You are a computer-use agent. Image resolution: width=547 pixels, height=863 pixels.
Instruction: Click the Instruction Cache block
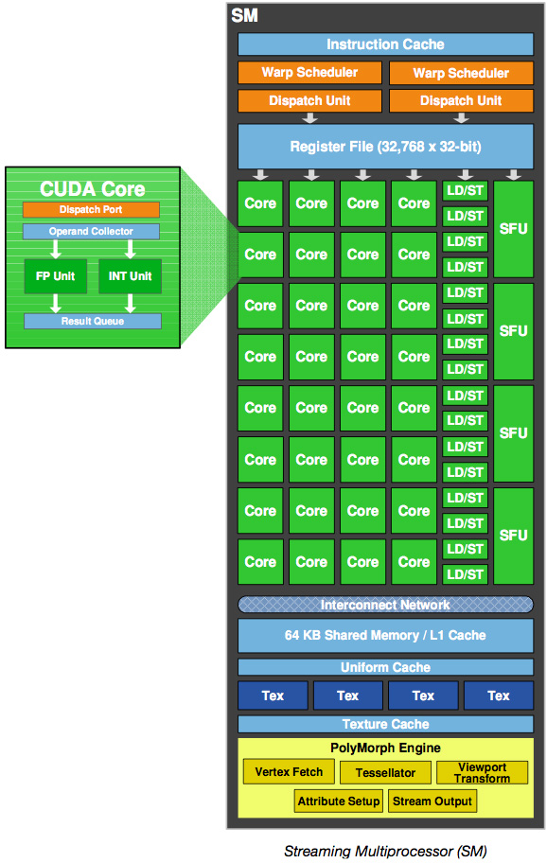pyautogui.click(x=385, y=44)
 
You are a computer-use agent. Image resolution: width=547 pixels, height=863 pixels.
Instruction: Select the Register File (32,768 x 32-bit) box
pyautogui.click(x=385, y=147)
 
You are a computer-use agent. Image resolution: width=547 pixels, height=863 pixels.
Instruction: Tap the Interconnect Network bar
pyautogui.click(x=385, y=605)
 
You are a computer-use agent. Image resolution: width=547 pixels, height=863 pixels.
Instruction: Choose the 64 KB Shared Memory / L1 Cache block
pyautogui.click(x=385, y=635)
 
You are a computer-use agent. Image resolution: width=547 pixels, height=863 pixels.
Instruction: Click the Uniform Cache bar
pyautogui.click(x=385, y=667)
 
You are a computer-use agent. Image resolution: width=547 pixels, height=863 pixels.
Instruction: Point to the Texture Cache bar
pyautogui.click(x=385, y=724)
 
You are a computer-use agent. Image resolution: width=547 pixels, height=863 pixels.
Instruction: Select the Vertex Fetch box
pyautogui.click(x=289, y=771)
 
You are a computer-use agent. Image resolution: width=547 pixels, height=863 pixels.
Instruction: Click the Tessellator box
pyautogui.click(x=385, y=773)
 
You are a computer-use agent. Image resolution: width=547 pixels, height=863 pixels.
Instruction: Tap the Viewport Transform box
pyautogui.click(x=482, y=773)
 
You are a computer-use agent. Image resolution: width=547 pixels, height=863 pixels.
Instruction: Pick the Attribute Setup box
pyautogui.click(x=339, y=801)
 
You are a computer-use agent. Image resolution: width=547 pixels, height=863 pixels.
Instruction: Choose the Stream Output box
pyautogui.click(x=432, y=801)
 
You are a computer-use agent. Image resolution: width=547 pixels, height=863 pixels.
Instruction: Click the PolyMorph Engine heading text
pyautogui.click(x=385, y=748)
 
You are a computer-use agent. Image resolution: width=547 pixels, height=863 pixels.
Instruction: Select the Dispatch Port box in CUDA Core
pyautogui.click(x=91, y=210)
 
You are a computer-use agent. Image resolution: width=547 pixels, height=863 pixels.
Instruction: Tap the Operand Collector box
pyautogui.click(x=91, y=231)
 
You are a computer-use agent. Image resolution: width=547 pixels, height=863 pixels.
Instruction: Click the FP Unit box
pyautogui.click(x=56, y=276)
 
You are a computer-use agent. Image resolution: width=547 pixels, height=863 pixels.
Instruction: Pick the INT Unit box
pyautogui.click(x=130, y=276)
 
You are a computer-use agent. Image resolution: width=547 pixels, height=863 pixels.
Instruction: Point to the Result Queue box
pyautogui.click(x=93, y=321)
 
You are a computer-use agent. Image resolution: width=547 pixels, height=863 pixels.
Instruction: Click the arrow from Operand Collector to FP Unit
pyautogui.click(x=56, y=249)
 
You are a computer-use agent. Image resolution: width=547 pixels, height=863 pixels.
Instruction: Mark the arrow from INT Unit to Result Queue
pyautogui.click(x=131, y=303)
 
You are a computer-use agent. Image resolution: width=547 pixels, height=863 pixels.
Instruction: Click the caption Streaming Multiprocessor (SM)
pyautogui.click(x=385, y=851)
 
